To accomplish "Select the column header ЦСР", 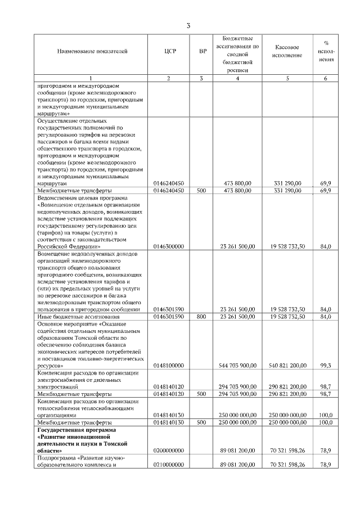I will pyautogui.click(x=169, y=52).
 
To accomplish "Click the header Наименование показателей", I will pyautogui.click(x=92, y=52).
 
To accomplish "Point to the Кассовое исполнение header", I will pyautogui.click(x=287, y=52).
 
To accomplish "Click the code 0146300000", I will pyautogui.click(x=169, y=246).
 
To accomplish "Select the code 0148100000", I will pyautogui.click(x=169, y=366).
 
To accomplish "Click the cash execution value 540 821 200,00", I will pyautogui.click(x=288, y=366).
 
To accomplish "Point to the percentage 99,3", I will pyautogui.click(x=325, y=366).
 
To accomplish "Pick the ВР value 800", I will pyautogui.click(x=202, y=317).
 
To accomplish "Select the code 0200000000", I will pyautogui.click(x=169, y=451).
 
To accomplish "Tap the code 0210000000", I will pyautogui.click(x=169, y=465).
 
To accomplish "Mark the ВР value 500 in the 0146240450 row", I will pyautogui.click(x=202, y=191).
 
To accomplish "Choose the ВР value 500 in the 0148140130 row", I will pyautogui.click(x=202, y=422).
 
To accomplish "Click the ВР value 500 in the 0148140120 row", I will pyautogui.click(x=202, y=394).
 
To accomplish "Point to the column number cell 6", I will pyautogui.click(x=325, y=78).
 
